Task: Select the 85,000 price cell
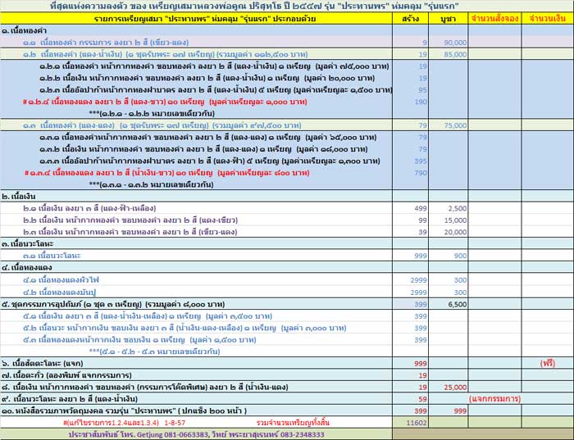(x=455, y=55)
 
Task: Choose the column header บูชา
(x=449, y=17)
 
